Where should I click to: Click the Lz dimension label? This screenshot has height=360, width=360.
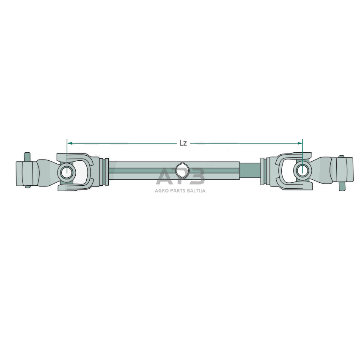coord(183,143)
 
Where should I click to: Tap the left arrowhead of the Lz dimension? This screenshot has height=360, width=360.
coord(70,143)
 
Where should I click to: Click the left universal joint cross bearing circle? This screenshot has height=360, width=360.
coord(67,172)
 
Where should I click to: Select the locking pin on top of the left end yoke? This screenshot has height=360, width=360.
coord(27,156)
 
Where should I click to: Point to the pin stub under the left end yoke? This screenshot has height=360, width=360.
coord(27,185)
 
